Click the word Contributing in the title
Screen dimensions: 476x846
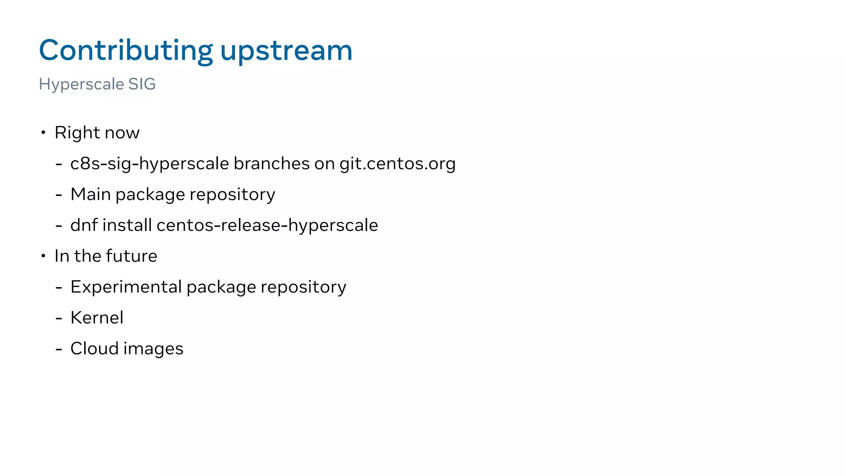click(126, 50)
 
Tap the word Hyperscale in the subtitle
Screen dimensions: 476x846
click(81, 84)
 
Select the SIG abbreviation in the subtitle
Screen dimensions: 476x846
click(142, 84)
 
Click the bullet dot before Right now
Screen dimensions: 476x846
click(43, 133)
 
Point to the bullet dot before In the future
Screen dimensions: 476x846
click(43, 256)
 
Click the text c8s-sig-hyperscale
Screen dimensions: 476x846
click(150, 164)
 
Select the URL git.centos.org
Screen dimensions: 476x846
click(397, 164)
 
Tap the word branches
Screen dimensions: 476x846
click(271, 163)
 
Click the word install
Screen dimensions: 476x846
click(127, 225)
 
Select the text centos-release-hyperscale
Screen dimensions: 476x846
click(267, 226)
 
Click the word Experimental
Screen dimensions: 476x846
click(126, 287)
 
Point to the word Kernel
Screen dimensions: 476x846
click(97, 318)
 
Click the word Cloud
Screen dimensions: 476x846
click(94, 348)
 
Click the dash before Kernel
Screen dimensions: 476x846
click(59, 319)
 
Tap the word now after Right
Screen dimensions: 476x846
click(122, 133)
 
